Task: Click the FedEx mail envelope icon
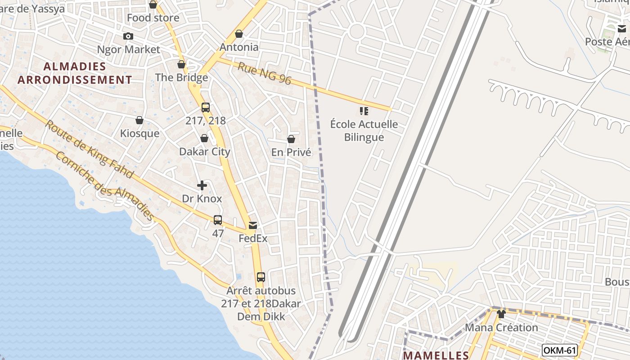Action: (253, 225)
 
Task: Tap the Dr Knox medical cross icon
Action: (202, 185)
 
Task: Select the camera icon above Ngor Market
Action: (128, 36)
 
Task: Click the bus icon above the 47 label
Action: (218, 220)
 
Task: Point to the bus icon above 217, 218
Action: (206, 108)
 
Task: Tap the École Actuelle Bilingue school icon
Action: (364, 111)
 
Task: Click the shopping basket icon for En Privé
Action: (291, 139)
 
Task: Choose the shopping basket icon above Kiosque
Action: (139, 120)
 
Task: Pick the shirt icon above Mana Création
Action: (501, 314)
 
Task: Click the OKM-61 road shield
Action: (559, 350)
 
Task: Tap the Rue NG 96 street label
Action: (265, 74)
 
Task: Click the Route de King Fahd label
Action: (89, 148)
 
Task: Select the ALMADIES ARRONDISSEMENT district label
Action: (75, 73)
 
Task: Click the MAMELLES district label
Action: (436, 355)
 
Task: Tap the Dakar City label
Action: (205, 152)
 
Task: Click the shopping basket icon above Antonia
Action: (239, 34)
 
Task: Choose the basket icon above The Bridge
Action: (181, 64)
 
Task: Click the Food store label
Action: (153, 18)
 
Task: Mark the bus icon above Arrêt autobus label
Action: (261, 277)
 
